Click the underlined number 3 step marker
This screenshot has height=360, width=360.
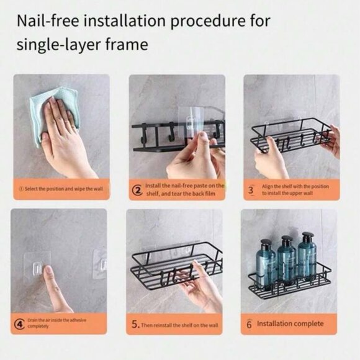[x=250, y=189]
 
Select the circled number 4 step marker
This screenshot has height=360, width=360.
[x=19, y=323]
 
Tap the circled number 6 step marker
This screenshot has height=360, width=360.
[x=248, y=323]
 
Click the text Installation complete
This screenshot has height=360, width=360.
[x=290, y=323]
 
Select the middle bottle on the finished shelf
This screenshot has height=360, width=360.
[x=286, y=259]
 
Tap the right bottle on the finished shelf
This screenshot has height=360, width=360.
[x=307, y=258]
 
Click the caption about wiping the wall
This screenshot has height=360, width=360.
[x=63, y=187]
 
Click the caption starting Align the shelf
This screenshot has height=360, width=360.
[x=295, y=189]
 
